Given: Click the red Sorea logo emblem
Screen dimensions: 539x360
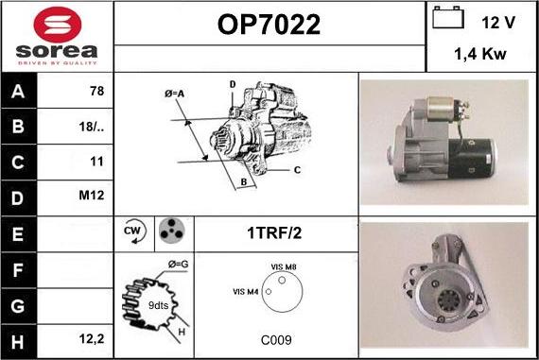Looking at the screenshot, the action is pos(58,25).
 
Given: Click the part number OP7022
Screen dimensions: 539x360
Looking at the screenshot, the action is pos(269,25).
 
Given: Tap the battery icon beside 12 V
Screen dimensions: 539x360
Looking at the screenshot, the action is pos(448,18).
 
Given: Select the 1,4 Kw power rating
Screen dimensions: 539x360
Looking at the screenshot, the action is pos(480,54).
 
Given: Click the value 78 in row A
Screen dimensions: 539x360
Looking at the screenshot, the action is pos(96,91).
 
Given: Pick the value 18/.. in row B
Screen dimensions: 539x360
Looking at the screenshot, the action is pos(91,127).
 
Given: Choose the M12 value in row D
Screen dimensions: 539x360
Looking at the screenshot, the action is pos(91,195).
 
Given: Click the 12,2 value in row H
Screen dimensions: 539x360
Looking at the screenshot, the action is pos(92,339).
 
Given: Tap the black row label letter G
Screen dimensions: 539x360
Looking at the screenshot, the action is pos(18,306).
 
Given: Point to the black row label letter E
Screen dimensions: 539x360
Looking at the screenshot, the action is pos(18,234).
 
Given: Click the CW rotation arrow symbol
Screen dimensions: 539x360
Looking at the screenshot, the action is pos(134,231).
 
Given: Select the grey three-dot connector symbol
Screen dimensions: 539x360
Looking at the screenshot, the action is pos(172,231).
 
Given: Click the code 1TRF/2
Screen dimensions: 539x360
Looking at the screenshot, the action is pos(274,233).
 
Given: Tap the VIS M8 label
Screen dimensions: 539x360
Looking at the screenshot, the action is pos(284,266).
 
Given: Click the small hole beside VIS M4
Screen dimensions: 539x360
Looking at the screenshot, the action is pos(269,292).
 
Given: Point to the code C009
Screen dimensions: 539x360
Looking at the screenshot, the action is pos(276,340).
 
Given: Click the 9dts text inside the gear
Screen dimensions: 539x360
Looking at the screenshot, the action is pos(159,305).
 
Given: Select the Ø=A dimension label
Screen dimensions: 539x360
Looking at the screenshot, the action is pos(175,94).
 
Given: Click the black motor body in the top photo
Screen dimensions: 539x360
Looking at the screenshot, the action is pos(472,159).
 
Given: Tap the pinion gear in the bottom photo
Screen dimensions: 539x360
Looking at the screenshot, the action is pos(448,300).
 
